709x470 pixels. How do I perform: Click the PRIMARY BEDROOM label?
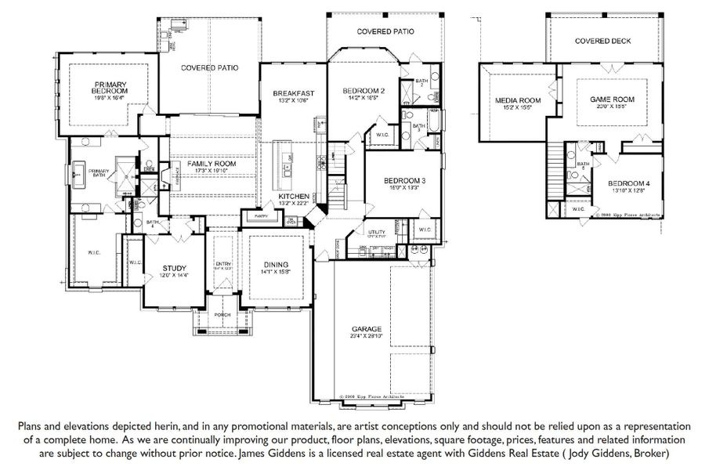111,87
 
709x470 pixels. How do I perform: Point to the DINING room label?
275,265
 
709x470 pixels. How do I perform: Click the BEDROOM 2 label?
364,92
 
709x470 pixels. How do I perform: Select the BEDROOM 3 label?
403,181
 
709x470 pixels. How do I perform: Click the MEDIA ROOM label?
519,100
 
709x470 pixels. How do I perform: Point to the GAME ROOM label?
612,100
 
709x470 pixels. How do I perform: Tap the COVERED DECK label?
602,41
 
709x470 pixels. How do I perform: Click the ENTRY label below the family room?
223,264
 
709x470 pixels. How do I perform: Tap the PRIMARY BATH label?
99,173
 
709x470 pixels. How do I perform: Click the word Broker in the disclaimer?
647,453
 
